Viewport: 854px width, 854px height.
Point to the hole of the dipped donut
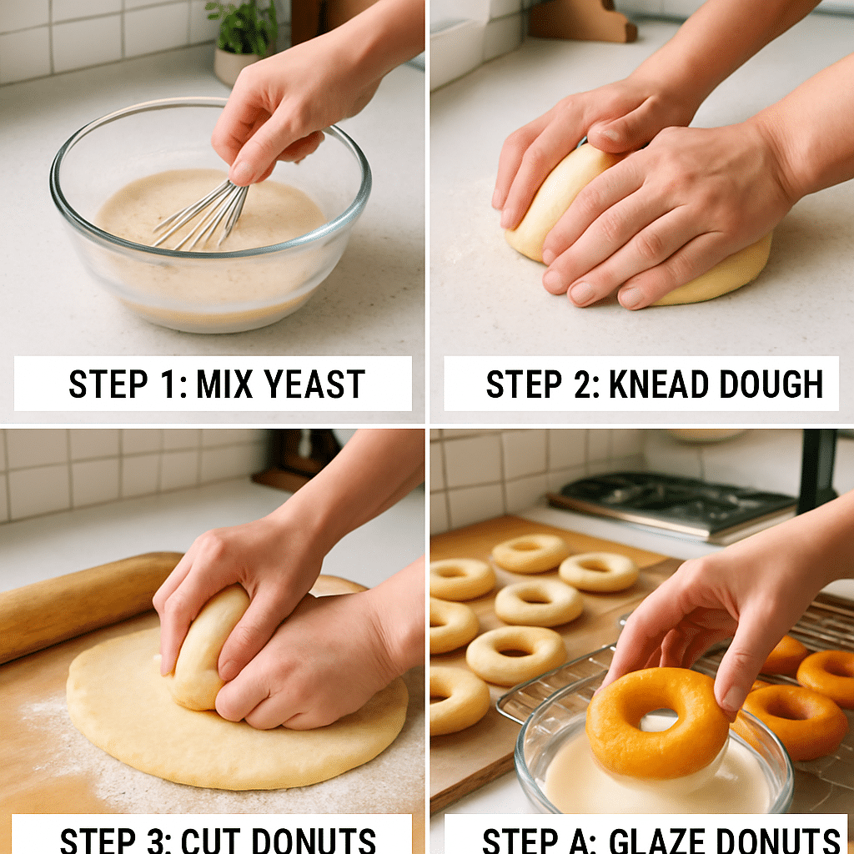pyautogui.click(x=659, y=720)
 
